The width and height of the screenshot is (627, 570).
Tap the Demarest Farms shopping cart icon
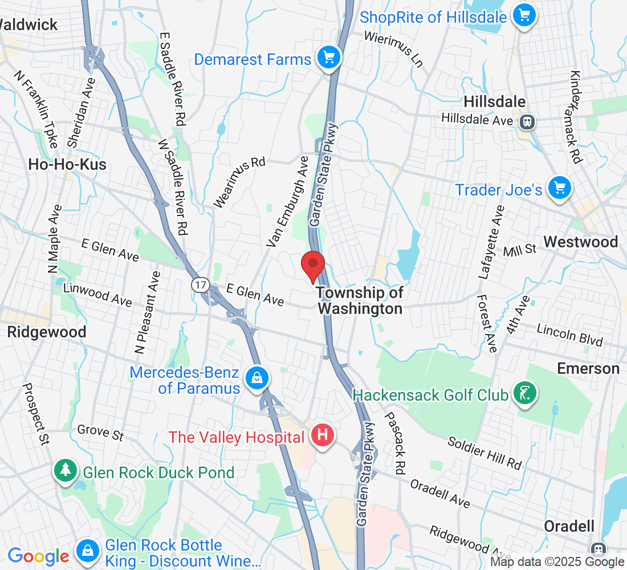coord(329,58)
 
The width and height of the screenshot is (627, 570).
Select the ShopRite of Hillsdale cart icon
coord(524,15)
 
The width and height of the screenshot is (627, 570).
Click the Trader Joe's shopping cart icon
coord(559,188)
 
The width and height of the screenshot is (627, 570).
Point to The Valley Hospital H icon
coord(323,436)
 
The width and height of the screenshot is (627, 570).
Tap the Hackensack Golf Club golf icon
coord(524,393)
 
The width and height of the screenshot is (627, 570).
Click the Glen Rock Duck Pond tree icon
coord(66,471)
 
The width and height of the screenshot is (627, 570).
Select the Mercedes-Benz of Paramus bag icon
coord(257,378)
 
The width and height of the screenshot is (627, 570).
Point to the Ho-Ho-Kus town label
coord(67,165)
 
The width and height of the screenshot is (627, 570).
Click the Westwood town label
coord(580,242)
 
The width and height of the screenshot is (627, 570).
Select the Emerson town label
coord(588,368)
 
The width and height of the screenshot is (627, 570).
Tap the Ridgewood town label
coord(47,332)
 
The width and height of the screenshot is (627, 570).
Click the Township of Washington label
coord(360,300)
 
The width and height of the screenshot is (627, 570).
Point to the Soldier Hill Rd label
coord(484,453)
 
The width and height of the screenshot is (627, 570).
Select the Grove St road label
coord(100,432)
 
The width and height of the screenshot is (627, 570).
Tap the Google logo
coord(38,556)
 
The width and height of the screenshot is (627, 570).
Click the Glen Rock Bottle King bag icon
coord(87,551)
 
